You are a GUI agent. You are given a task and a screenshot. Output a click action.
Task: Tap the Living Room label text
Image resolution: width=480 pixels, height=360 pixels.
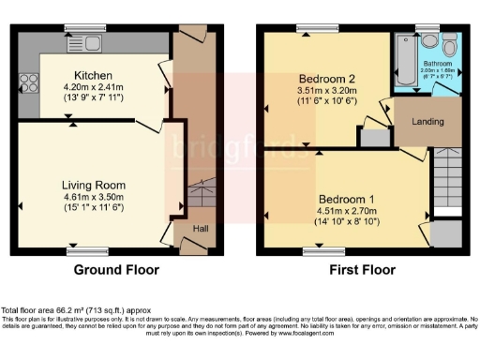coord(94,185)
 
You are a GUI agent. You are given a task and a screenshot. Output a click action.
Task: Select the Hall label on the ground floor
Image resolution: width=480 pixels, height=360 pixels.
coord(202,228)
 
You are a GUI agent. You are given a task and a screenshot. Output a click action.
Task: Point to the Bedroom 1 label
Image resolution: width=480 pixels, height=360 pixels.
coord(345,200)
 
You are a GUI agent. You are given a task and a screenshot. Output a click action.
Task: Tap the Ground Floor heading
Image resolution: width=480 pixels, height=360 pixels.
coord(116,269)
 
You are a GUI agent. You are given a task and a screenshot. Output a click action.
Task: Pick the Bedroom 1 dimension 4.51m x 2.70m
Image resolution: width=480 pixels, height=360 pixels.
coord(345,213)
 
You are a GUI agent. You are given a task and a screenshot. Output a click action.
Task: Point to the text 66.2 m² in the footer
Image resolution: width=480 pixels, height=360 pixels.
coord(75,309)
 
